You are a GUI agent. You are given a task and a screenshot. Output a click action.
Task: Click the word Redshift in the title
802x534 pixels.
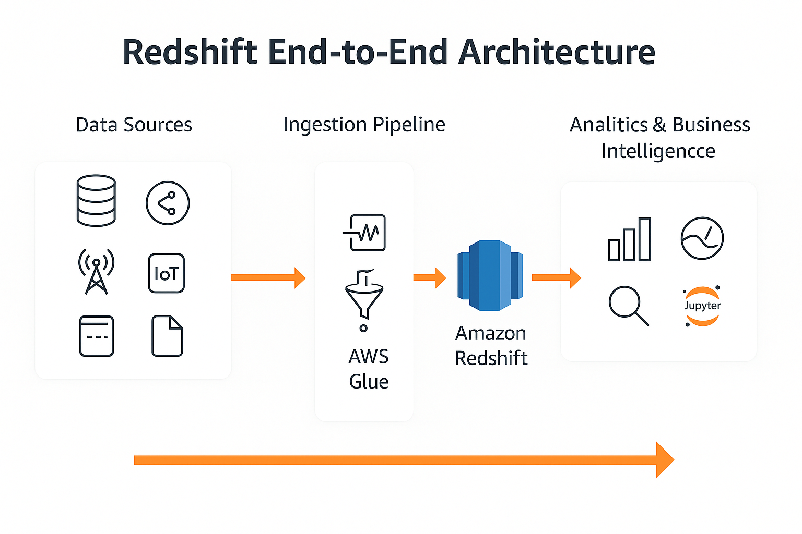(190, 52)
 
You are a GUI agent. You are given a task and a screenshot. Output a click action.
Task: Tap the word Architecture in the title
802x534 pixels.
(557, 52)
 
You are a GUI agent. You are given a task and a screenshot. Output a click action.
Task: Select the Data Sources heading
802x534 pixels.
(134, 125)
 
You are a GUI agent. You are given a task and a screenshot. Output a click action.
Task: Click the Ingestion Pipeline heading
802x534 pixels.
(364, 125)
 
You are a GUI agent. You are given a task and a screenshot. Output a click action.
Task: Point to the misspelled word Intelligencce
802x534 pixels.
(658, 151)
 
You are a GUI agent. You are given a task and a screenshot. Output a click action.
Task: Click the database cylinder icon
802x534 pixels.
(96, 201)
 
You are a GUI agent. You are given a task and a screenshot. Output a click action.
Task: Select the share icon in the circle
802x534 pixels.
(168, 203)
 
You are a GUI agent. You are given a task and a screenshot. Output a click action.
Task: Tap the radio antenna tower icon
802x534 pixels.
(96, 272)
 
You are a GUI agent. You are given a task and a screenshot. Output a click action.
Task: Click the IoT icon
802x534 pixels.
(167, 273)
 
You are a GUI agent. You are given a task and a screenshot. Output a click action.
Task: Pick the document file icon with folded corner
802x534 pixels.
(167, 336)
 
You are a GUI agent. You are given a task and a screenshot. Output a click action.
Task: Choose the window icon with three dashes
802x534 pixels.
(97, 336)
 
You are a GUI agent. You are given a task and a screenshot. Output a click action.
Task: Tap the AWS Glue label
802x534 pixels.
(369, 369)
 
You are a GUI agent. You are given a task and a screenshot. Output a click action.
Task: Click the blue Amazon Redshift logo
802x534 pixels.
(490, 275)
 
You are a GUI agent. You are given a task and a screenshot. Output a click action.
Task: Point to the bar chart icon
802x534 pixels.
(630, 239)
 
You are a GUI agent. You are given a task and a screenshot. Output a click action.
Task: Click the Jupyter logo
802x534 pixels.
(702, 306)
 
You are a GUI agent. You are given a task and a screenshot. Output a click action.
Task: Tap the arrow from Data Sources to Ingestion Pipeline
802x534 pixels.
(268, 277)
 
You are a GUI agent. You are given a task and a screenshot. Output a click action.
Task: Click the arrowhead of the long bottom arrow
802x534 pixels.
(664, 459)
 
